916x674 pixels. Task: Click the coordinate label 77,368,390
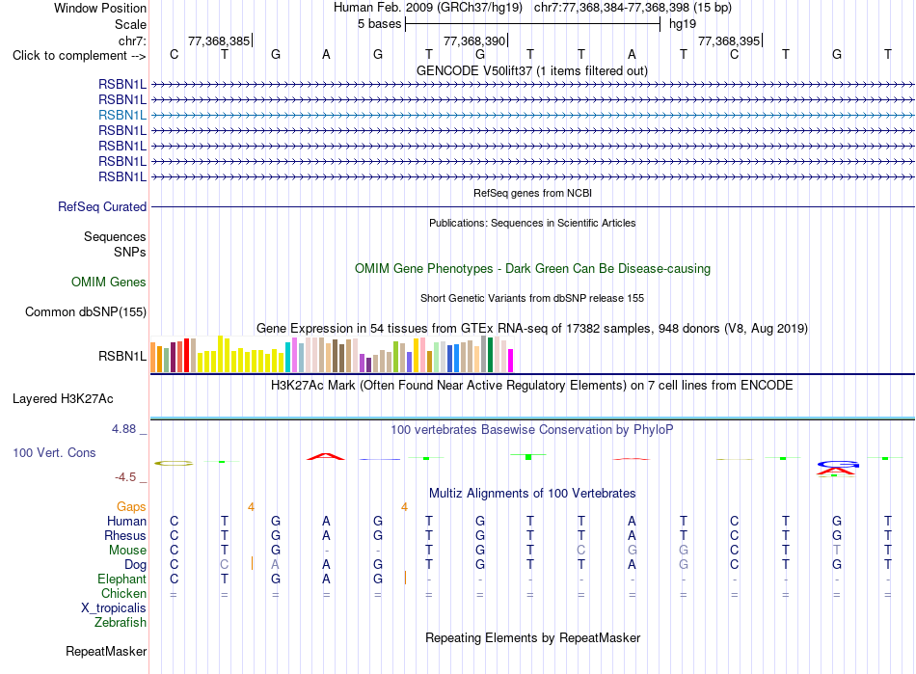coord(474,40)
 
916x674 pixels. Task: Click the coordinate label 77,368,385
coord(219,40)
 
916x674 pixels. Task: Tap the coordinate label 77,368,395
coord(729,40)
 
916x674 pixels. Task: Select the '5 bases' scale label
coord(380,24)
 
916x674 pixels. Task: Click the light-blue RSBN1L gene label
coord(122,115)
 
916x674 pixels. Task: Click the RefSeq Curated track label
coord(102,206)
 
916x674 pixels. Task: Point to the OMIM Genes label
coord(109,283)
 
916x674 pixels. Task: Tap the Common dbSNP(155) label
coord(86,311)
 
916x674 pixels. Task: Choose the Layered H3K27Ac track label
coord(63,399)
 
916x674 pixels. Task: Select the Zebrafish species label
coord(121,623)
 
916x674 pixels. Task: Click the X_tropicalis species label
coord(114,608)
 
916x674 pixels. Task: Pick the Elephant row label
coord(122,579)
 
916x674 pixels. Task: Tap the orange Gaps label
coord(131,507)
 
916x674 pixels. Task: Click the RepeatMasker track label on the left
coord(106,651)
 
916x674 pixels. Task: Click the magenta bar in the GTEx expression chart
coord(511,361)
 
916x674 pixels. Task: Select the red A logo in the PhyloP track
coord(326,456)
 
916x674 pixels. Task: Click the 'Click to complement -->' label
coord(79,56)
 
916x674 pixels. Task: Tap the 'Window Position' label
coord(100,8)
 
